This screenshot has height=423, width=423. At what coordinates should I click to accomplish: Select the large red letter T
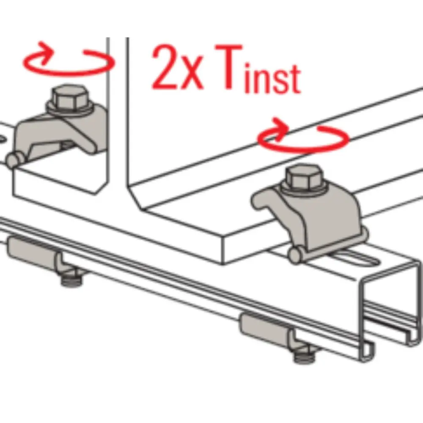(x=228, y=67)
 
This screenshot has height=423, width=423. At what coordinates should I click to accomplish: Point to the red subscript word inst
(x=272, y=77)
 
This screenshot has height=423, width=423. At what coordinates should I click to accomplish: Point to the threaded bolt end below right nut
(x=305, y=357)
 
